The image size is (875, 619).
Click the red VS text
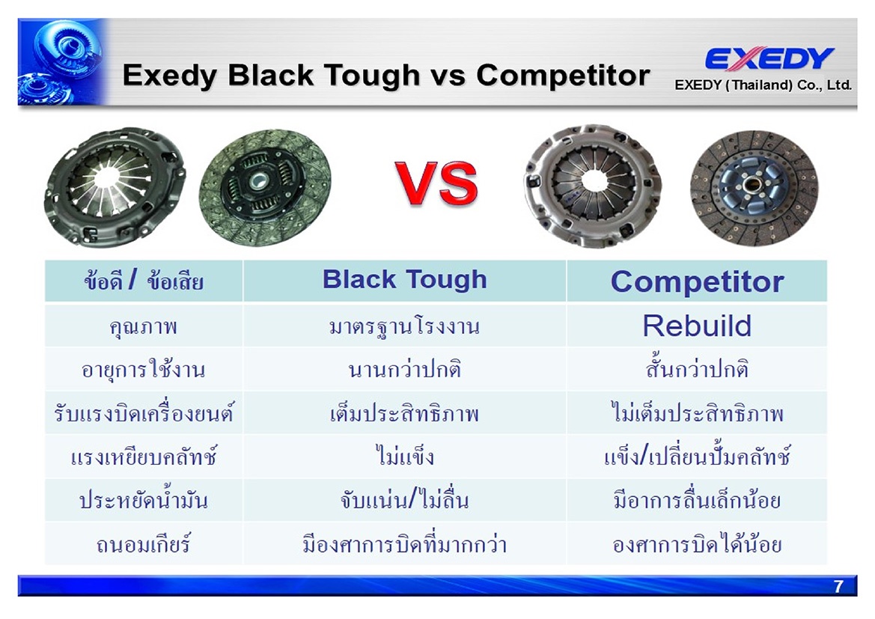pos(436,183)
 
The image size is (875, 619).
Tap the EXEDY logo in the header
pos(769,58)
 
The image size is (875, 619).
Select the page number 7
pos(838,586)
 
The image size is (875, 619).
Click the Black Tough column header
pos(405,279)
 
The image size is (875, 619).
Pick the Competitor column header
pos(697,281)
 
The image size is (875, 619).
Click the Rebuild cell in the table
pos(697,326)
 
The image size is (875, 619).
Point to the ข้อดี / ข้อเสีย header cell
pos(144,280)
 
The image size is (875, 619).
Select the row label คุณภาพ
pos(144,326)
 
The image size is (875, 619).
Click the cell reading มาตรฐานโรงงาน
pos(405,326)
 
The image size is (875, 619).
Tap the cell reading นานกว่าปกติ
pos(405,369)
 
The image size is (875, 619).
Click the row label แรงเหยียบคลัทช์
pos(144,457)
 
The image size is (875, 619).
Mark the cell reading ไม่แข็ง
pos(405,456)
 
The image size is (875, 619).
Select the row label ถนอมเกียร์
pos(144,543)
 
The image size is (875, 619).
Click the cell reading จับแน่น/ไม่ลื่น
pos(405,499)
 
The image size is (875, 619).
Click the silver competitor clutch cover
pos(593,186)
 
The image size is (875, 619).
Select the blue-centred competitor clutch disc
pos(754,188)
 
